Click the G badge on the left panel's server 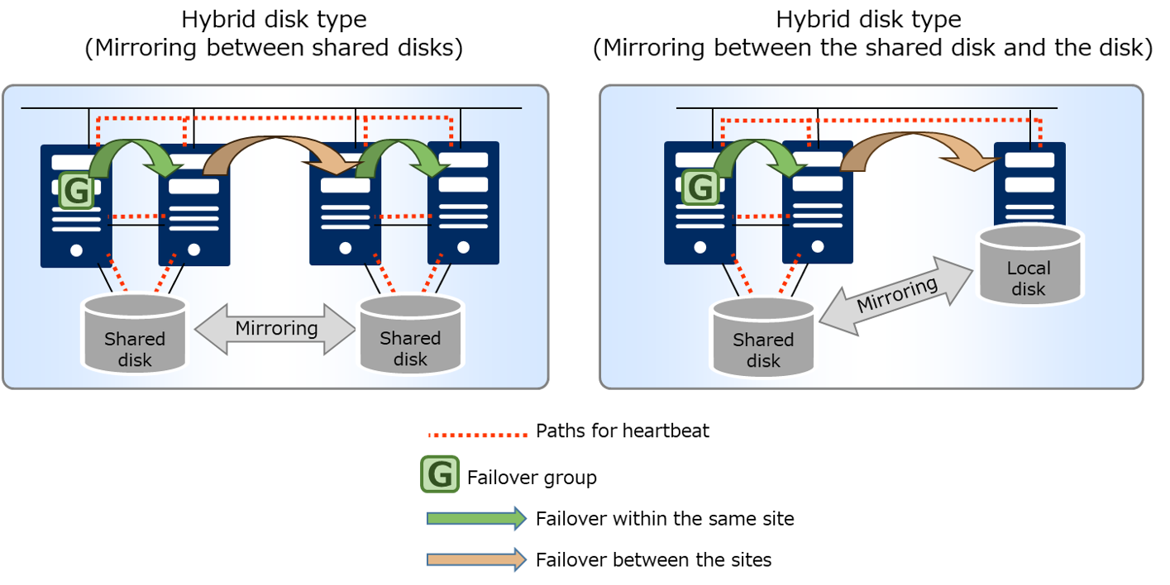click(76, 191)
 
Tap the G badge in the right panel click(700, 188)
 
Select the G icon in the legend click(440, 473)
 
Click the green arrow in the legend click(476, 518)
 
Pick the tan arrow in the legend click(476, 559)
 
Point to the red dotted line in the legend click(478, 435)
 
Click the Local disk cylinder click(1029, 265)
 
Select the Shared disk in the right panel click(762, 337)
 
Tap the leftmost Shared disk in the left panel click(135, 334)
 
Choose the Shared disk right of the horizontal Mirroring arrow click(410, 334)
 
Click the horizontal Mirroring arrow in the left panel click(275, 329)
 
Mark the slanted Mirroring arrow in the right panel click(896, 295)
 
